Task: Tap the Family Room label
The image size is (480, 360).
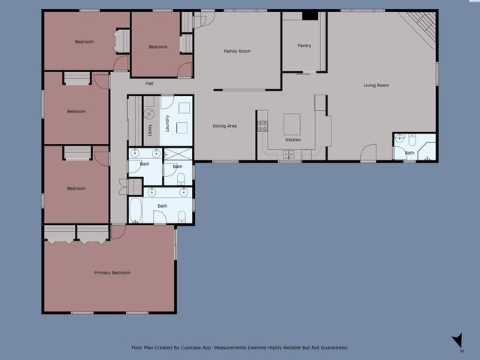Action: pyautogui.click(x=237, y=51)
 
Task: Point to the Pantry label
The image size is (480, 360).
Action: pyautogui.click(x=304, y=46)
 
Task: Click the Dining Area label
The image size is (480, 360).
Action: pyautogui.click(x=224, y=126)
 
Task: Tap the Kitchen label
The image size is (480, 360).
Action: pyautogui.click(x=293, y=140)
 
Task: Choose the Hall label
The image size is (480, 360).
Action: pyautogui.click(x=149, y=83)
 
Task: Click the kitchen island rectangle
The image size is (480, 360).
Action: pyautogui.click(x=292, y=124)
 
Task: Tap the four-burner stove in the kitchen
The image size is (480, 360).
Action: pyautogui.click(x=262, y=125)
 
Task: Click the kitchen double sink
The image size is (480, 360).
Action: pyautogui.click(x=288, y=155)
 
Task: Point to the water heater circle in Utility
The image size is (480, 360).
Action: pyautogui.click(x=148, y=114)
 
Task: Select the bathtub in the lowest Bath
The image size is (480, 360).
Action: pyautogui.click(x=135, y=210)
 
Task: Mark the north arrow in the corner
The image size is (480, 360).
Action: pyautogui.click(x=457, y=342)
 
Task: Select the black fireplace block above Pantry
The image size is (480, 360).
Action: pyautogui.click(x=310, y=15)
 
